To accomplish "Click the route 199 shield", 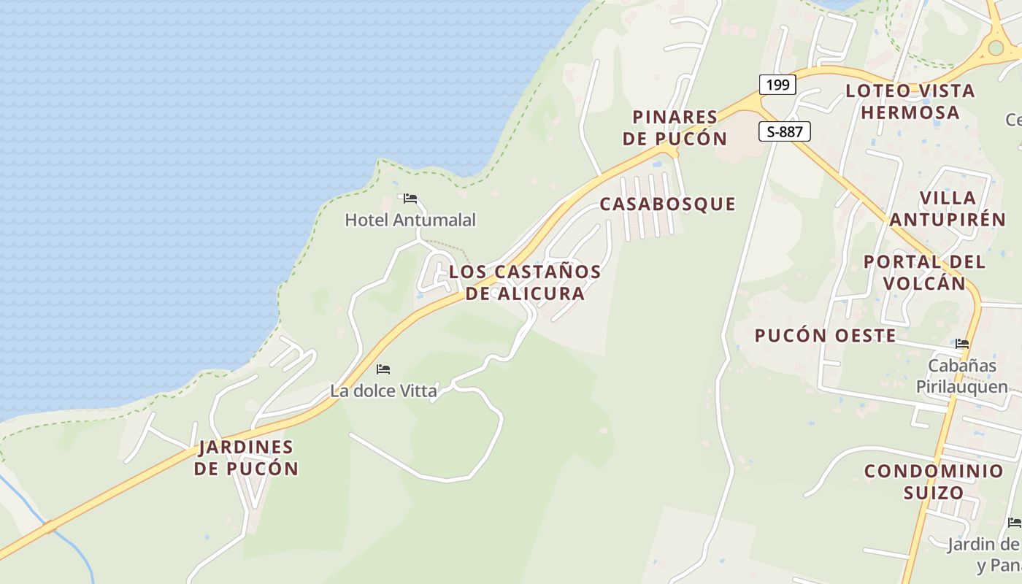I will [x=777, y=85].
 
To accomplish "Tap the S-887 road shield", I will [x=785, y=131].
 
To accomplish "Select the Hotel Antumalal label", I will [x=410, y=220].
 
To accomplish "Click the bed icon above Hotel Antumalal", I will [x=410, y=199].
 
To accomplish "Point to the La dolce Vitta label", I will [x=383, y=391].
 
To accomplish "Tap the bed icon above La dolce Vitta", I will [x=383, y=369].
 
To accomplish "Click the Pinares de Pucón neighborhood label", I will [x=675, y=128].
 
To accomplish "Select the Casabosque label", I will [x=667, y=204].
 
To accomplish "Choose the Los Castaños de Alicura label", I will [x=525, y=283].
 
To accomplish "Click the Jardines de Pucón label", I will [x=246, y=458].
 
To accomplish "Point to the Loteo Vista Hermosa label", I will [x=910, y=101].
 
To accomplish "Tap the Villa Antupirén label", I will [x=948, y=208].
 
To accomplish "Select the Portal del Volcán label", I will [x=924, y=272].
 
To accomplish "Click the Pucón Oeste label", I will [x=825, y=336].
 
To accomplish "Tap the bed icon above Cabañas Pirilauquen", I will [x=962, y=344].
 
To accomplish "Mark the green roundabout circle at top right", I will [x=996, y=48].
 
